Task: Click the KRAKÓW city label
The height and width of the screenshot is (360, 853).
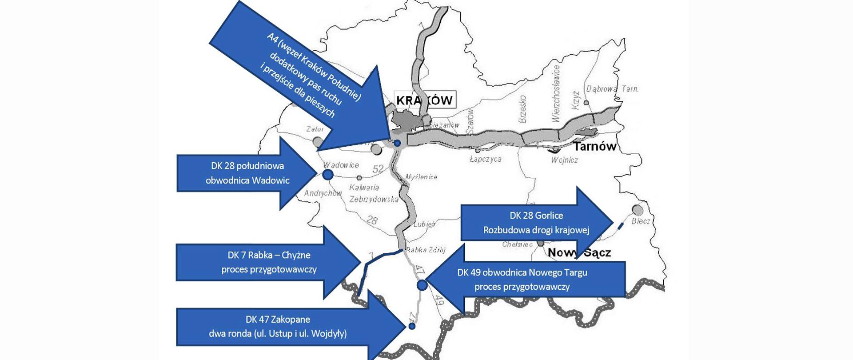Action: tap(424, 100)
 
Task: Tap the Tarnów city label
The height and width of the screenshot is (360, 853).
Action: tap(594, 147)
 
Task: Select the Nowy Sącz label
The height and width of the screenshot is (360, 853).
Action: tap(579, 252)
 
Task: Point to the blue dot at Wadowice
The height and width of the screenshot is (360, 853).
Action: tap(328, 175)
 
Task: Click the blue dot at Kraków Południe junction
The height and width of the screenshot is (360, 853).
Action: tap(398, 143)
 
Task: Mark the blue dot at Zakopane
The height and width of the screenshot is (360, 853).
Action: tap(412, 326)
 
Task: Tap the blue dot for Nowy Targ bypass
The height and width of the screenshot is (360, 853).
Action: tap(422, 285)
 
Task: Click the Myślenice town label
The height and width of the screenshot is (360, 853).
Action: tap(421, 177)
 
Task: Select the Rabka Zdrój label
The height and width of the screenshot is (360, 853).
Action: tap(426, 250)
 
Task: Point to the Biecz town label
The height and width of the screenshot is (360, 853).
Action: tap(641, 221)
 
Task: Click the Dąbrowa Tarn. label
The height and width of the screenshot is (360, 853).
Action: tap(612, 89)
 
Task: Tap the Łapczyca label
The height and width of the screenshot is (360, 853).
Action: tap(486, 159)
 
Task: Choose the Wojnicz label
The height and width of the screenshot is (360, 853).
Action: tap(564, 160)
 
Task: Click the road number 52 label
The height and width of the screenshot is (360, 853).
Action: tap(378, 169)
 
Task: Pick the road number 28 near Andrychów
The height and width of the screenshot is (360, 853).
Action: tap(372, 220)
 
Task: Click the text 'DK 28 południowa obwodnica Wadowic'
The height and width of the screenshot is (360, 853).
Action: tap(247, 173)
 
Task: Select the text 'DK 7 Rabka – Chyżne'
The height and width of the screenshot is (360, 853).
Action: tap(269, 255)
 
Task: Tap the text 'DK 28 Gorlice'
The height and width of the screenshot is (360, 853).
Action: tap(536, 216)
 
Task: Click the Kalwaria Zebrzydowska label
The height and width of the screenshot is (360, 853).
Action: tap(373, 193)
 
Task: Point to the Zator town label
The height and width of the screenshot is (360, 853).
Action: tap(315, 129)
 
